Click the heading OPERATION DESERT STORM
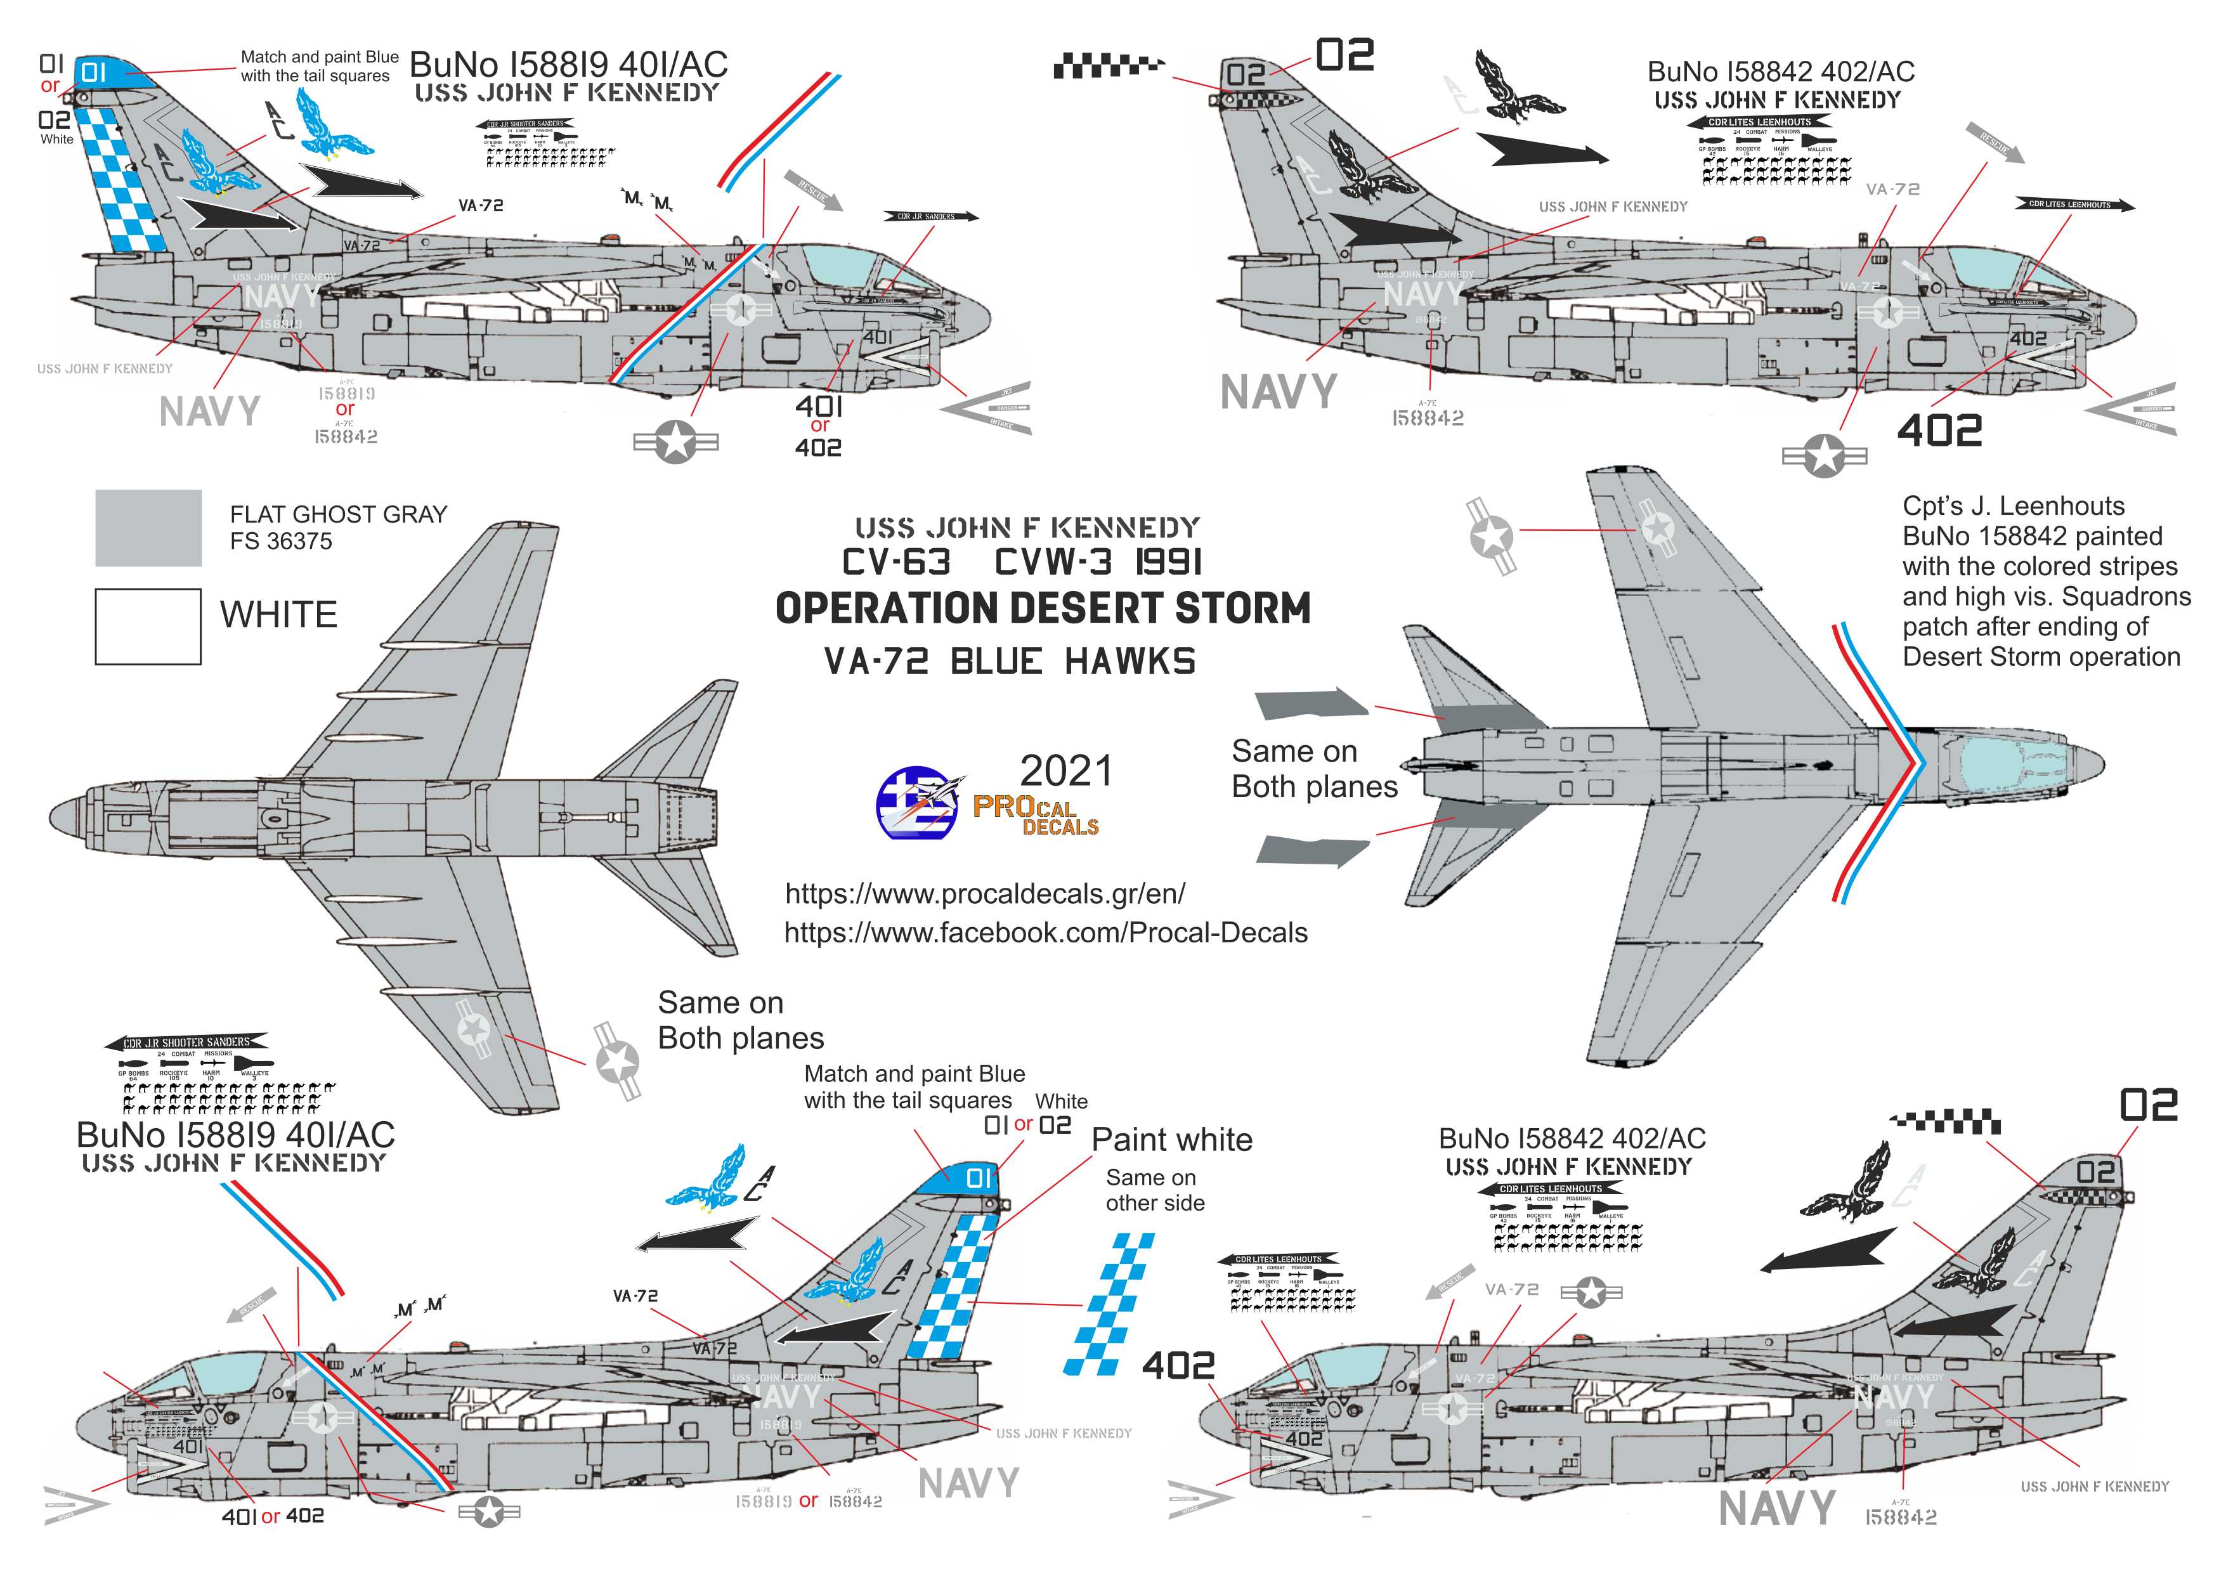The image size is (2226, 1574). (1042, 609)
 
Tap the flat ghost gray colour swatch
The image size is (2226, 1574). (148, 527)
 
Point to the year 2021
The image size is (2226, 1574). (1065, 772)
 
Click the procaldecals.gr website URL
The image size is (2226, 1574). (984, 893)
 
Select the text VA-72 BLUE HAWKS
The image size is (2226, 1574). (1009, 662)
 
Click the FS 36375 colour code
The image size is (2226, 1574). (281, 541)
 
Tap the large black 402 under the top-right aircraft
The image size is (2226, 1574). (1939, 431)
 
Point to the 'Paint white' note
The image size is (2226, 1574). (1171, 1140)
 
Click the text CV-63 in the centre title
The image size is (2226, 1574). (896, 562)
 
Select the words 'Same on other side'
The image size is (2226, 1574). (1155, 1190)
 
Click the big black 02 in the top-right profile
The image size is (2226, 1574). (1344, 56)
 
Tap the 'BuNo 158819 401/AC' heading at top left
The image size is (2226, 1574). (568, 65)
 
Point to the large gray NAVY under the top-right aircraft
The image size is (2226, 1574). (1278, 393)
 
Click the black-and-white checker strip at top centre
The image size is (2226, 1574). (1108, 67)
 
